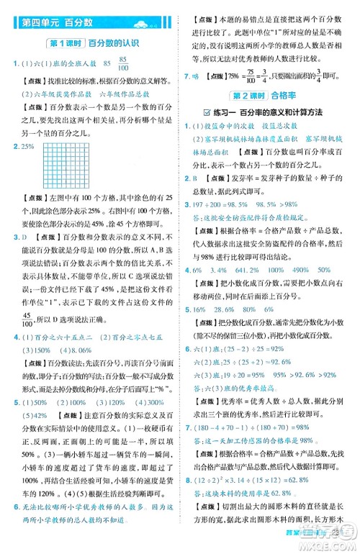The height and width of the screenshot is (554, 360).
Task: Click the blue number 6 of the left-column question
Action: (x=14, y=527)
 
